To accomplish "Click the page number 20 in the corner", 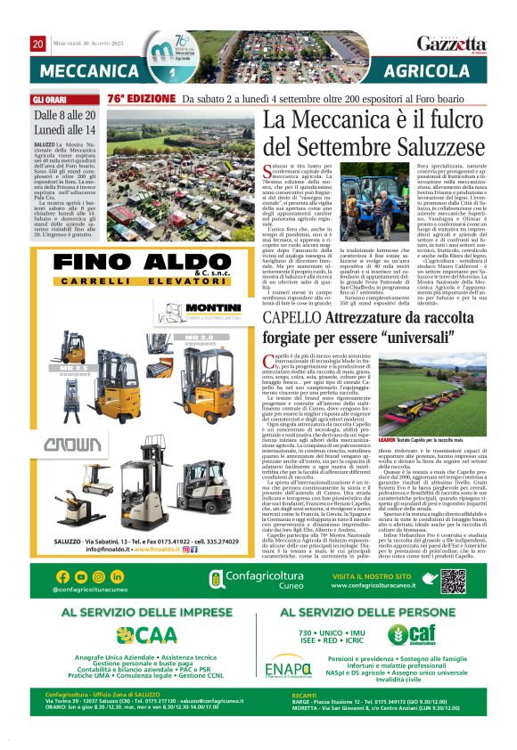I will click(38, 44).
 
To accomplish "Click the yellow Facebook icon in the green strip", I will click(62, 577).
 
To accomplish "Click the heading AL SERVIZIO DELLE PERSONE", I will click(370, 613).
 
